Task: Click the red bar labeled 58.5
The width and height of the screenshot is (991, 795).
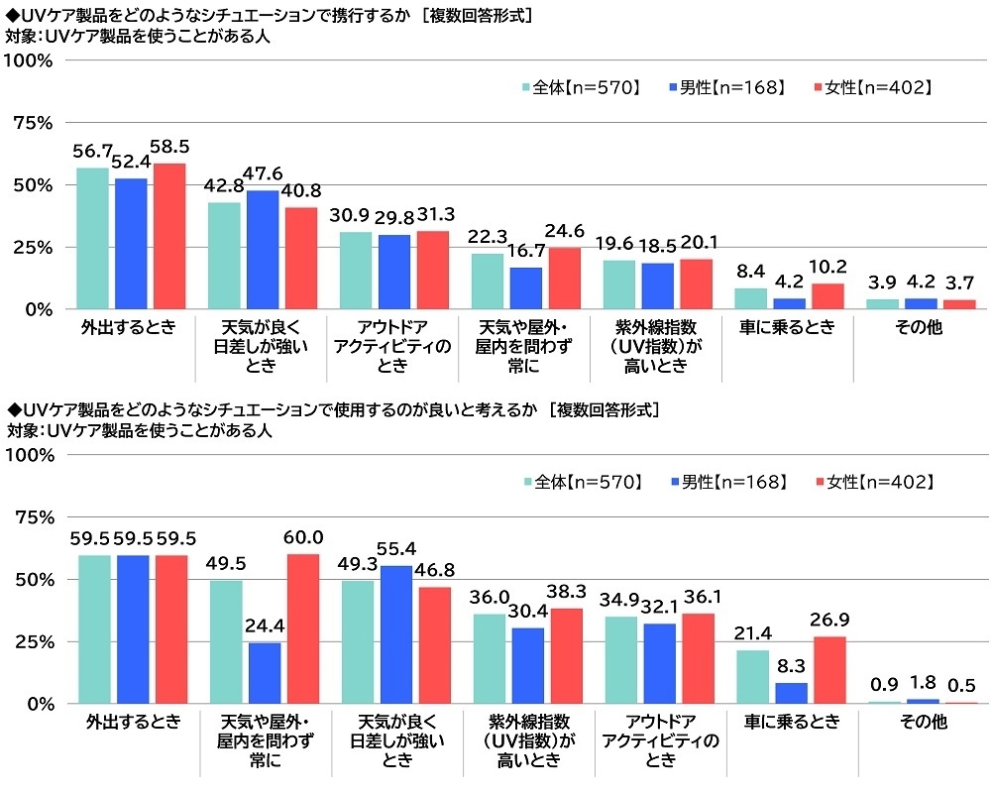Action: [x=169, y=237]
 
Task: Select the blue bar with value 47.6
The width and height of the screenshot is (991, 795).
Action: [x=263, y=250]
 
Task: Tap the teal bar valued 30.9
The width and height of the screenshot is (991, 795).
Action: [x=356, y=271]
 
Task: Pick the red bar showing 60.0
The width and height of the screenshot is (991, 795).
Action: [x=301, y=629]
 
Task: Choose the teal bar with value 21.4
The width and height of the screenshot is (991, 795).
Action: [x=751, y=677]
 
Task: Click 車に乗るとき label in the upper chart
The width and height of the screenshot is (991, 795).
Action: [x=788, y=328]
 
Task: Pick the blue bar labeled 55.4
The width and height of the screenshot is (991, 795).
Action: [x=394, y=635]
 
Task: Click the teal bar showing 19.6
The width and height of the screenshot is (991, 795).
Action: [x=618, y=284]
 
